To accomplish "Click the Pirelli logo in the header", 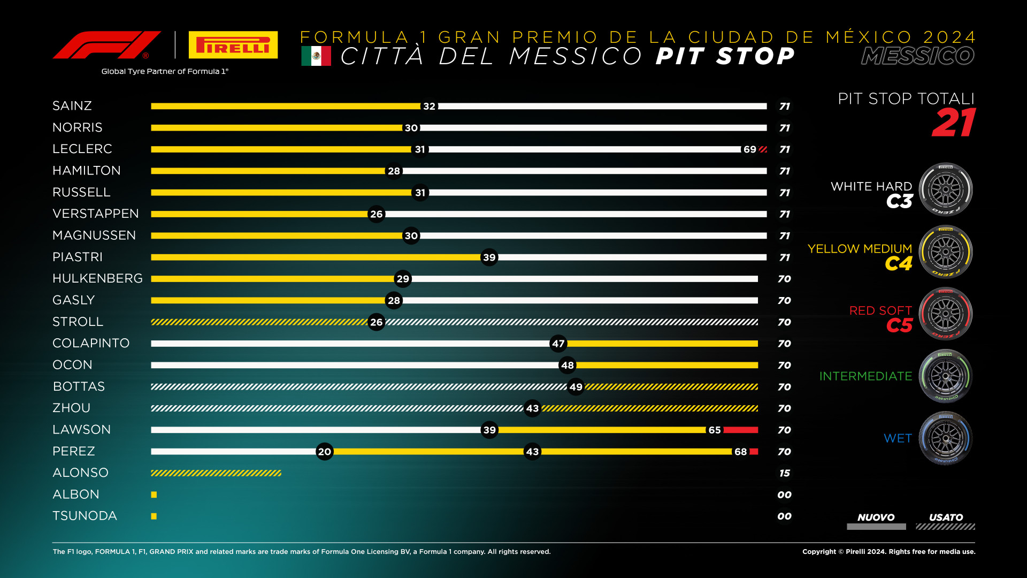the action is click(233, 45).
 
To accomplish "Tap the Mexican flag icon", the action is click(316, 56).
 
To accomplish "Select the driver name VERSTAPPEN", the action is click(96, 214).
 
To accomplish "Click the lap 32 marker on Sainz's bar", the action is click(429, 106).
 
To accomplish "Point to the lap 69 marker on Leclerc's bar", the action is click(750, 149).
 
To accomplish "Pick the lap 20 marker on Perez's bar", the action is click(325, 452).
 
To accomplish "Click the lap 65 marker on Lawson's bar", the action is click(715, 430).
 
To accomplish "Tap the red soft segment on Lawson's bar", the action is click(741, 430).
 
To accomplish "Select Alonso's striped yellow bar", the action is click(216, 473).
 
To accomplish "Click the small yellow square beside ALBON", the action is click(154, 495).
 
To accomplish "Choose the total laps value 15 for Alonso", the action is click(785, 473).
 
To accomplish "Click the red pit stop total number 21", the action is click(954, 123).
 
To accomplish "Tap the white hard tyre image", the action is click(946, 189).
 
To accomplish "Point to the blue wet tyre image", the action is click(946, 438).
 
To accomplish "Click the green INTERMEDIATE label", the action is click(866, 376).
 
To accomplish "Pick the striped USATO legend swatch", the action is click(946, 527).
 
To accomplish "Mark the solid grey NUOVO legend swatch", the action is click(876, 527).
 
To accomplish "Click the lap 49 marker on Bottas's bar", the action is click(576, 387).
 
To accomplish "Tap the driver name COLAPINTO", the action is click(91, 343).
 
